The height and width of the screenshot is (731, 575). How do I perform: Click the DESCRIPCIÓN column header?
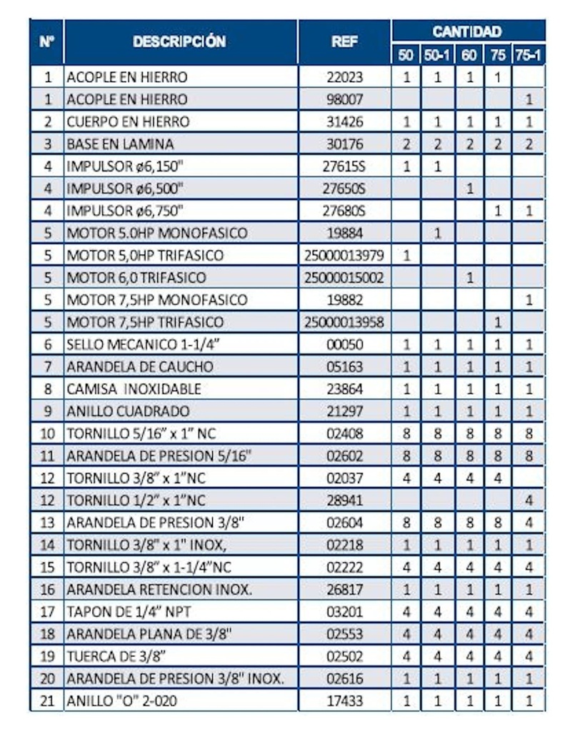179,41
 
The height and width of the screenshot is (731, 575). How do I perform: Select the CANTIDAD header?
467,31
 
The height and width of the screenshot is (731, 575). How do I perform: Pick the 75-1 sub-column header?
529,54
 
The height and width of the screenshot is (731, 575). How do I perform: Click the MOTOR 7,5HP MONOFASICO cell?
156,300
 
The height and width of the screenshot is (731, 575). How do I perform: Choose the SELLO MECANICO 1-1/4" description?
141,345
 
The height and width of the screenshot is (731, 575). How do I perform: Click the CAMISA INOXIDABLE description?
134,389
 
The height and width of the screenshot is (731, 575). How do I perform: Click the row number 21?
47,701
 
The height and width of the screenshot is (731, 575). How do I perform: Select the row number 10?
47,433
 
